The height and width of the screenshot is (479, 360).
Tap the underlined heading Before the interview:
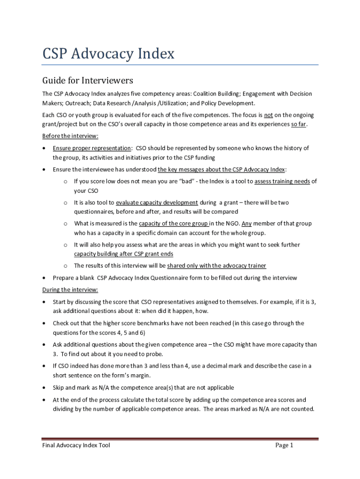(70, 136)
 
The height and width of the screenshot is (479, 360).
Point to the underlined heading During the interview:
(70, 290)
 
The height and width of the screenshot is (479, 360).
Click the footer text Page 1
(284, 445)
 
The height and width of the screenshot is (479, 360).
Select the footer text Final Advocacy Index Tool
(76, 445)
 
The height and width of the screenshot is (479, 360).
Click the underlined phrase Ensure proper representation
(92, 148)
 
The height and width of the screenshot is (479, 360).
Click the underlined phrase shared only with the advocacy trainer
(216, 266)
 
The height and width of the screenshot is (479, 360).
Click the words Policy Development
(228, 103)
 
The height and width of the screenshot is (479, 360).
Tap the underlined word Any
(247, 224)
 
